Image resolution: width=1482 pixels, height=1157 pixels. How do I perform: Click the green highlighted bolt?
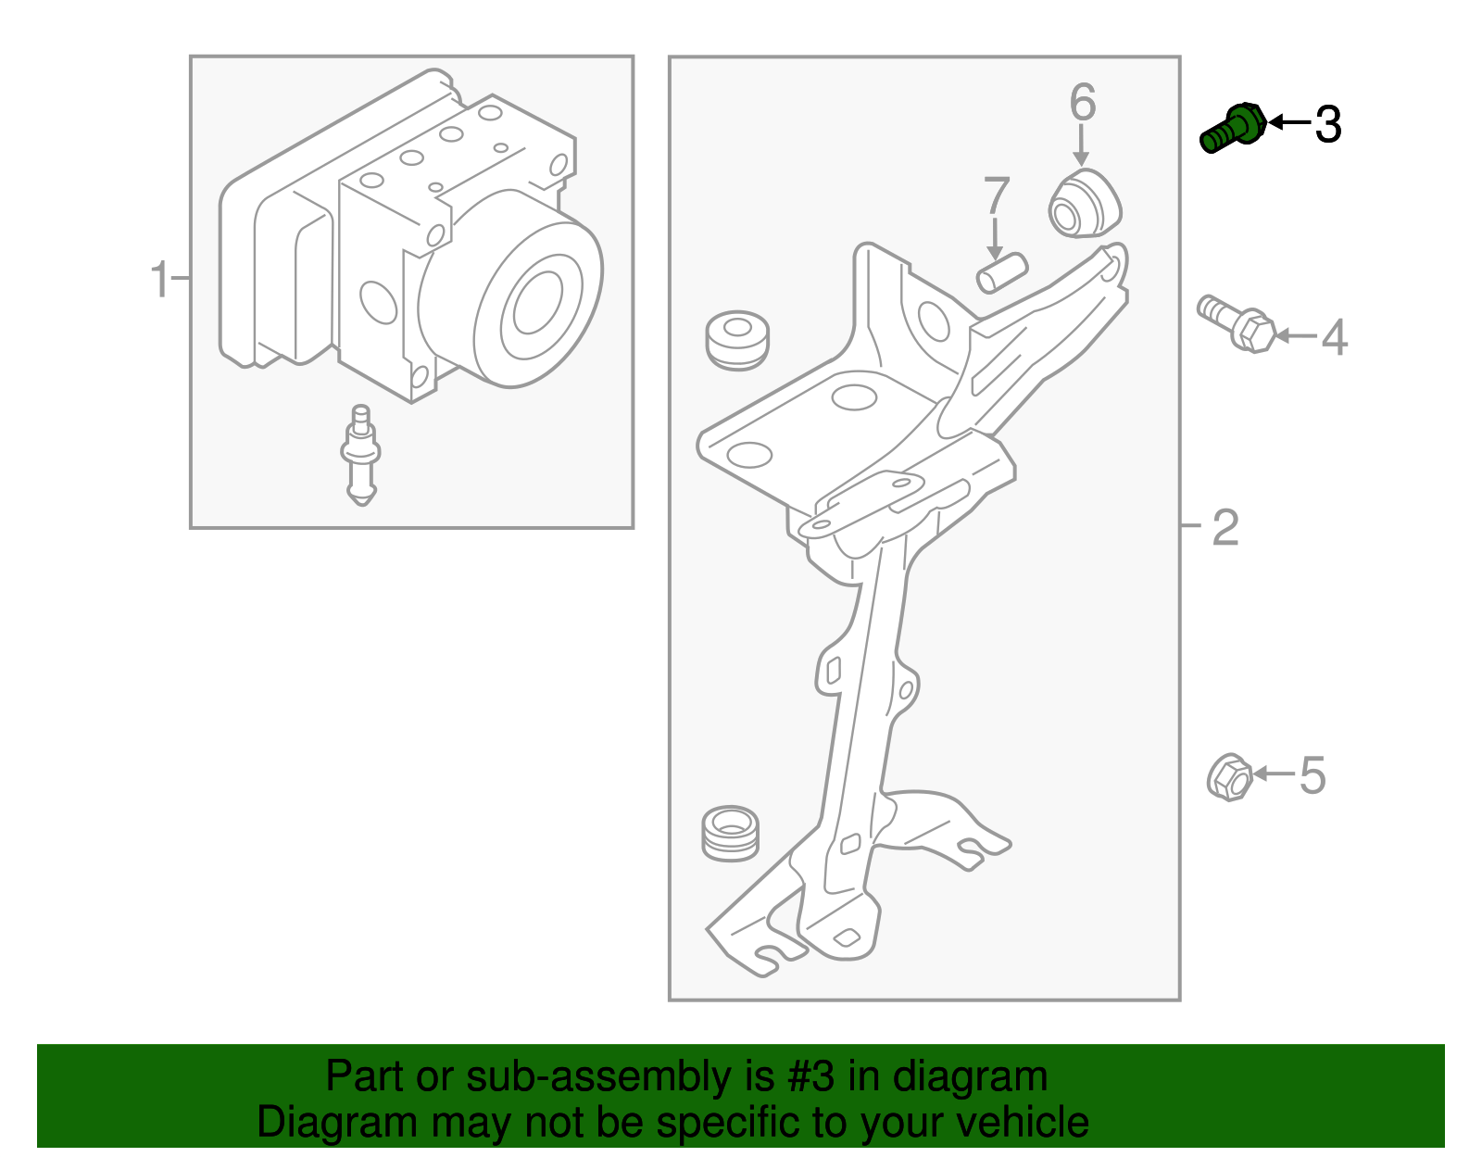(1231, 129)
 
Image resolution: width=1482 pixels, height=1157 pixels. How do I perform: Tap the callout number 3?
(1328, 124)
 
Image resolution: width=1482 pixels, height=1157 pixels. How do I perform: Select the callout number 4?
(1334, 337)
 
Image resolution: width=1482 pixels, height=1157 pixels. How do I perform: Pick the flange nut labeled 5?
(1229, 777)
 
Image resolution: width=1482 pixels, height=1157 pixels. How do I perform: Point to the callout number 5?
(1312, 775)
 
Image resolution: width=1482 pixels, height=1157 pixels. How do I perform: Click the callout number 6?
(1082, 102)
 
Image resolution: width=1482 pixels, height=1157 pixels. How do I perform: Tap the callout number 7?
(996, 196)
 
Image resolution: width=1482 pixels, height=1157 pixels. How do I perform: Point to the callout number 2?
(1225, 528)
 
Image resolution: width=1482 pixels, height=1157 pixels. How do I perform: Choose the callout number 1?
(160, 279)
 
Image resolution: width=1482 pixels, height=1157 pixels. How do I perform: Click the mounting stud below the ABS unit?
(360, 455)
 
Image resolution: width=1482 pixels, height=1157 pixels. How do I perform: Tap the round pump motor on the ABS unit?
(537, 301)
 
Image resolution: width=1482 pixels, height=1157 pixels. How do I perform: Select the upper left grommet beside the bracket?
(737, 340)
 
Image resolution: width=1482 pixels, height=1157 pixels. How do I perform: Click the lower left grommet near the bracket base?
(730, 833)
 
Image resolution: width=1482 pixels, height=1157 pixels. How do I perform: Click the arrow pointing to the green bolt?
(1289, 122)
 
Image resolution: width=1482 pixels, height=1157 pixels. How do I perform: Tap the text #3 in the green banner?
(811, 1076)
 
